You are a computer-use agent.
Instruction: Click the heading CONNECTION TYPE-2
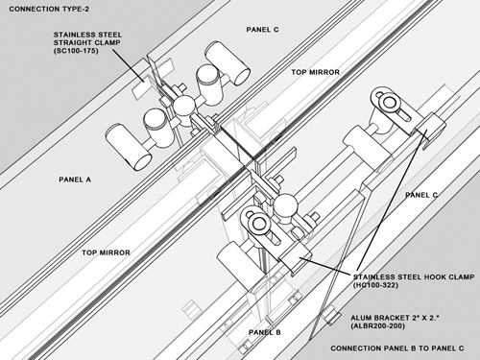coord(49,9)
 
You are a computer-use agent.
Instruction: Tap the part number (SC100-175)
coord(76,51)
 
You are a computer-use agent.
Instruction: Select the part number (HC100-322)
coord(375,285)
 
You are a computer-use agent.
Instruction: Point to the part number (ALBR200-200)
coord(377,326)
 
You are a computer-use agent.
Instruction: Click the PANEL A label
coord(75,180)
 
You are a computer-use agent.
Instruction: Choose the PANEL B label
coord(265,332)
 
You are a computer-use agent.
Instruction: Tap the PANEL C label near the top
coord(262,30)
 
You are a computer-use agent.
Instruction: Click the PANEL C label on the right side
coord(421,195)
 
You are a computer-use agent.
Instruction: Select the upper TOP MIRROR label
coord(315,72)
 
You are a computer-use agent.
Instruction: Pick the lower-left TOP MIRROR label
coord(106,252)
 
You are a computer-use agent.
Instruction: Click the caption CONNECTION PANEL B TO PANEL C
coord(397,348)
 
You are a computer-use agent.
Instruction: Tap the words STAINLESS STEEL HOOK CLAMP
coord(414,276)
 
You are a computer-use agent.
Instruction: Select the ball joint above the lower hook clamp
coord(286,205)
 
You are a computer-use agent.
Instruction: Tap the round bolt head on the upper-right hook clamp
coord(390,103)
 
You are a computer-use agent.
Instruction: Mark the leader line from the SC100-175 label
coord(129,66)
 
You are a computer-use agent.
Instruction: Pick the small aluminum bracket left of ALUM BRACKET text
coord(331,315)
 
